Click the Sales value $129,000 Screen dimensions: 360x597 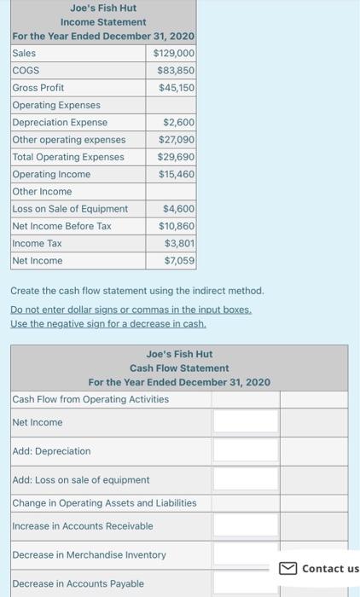174,53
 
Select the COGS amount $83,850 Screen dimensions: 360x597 176,70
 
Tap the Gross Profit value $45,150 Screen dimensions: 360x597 176,87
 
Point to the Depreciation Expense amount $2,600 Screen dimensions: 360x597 178,122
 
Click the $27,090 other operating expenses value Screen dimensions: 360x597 176,139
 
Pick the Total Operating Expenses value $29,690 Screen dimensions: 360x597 176,157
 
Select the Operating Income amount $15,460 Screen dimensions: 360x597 176,174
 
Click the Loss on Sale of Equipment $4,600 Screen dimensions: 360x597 178,208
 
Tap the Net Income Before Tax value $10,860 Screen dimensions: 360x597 176,226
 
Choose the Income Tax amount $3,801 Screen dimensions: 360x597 178,243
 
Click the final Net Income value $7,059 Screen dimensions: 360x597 178,260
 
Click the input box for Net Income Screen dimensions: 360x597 246,421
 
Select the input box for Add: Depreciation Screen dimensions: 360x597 246,450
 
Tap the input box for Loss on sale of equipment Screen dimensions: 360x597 246,478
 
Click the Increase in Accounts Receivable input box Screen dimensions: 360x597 246,525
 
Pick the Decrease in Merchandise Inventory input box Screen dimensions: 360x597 246,554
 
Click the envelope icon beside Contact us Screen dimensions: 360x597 287,568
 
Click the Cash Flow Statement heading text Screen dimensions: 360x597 179,368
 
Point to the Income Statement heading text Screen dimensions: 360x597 103,21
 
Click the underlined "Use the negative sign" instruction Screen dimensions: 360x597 107,324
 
